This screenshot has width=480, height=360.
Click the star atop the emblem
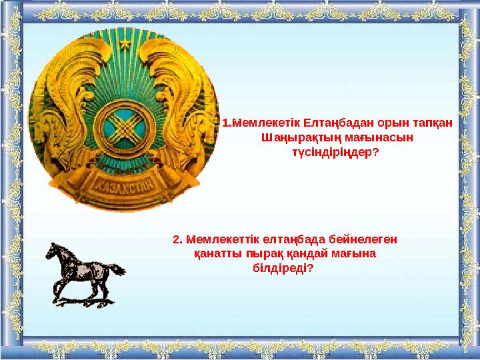[123, 43]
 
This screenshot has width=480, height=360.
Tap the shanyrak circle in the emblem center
[123, 125]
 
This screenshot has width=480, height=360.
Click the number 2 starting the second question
[176, 239]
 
